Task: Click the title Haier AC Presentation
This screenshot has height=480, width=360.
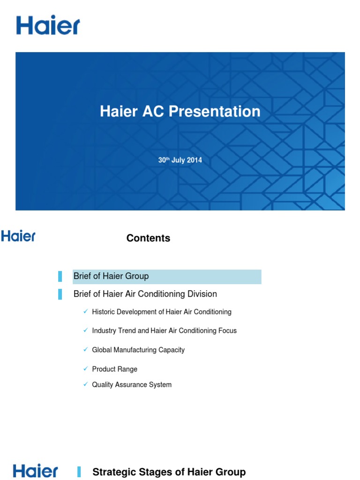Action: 180,112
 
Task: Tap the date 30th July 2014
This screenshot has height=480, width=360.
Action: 180,160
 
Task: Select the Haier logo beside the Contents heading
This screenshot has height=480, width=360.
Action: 18,236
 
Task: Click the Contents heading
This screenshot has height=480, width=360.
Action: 148,238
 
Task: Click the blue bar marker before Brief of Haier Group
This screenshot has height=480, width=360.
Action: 60,277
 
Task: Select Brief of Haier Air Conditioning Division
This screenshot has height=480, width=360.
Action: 145,294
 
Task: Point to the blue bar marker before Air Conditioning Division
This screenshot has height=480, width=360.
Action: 60,294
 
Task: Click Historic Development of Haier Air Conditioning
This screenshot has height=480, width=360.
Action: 162,312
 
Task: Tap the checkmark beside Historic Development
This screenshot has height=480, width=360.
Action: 85,311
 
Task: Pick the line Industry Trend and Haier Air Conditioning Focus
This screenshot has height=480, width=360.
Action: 165,330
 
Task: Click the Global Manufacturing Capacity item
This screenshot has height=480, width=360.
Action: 138,350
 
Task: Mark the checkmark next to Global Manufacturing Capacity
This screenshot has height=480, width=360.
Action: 85,349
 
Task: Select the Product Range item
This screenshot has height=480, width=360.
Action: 115,369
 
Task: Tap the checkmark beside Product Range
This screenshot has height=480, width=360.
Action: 85,368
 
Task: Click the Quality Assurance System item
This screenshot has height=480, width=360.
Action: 132,384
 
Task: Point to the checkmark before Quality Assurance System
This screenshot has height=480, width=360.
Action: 85,384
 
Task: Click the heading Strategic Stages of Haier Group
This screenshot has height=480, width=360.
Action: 169,472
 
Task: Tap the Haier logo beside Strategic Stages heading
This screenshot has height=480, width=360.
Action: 36,471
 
